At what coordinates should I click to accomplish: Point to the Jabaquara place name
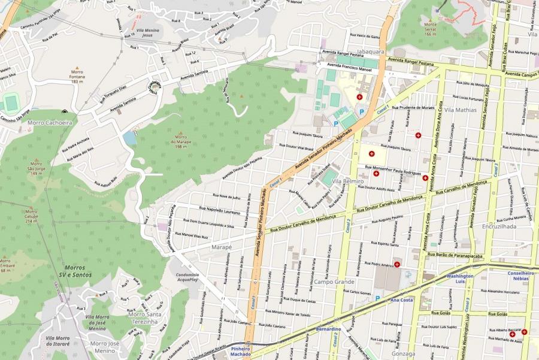[370, 52]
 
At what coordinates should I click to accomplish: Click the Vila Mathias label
[460, 110]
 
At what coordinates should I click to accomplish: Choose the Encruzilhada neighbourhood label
[499, 227]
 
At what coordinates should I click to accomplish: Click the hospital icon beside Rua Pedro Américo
[396, 264]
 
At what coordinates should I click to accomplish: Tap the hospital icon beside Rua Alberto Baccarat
[524, 332]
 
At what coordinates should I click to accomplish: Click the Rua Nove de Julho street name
[225, 197]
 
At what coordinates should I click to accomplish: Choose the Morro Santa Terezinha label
[145, 318]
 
